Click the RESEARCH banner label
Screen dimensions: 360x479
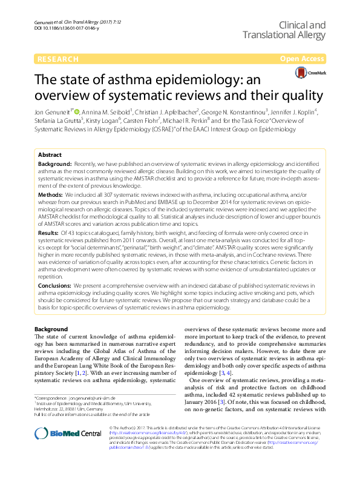click(x=58, y=59)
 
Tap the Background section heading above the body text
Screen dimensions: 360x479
click(x=51, y=329)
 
